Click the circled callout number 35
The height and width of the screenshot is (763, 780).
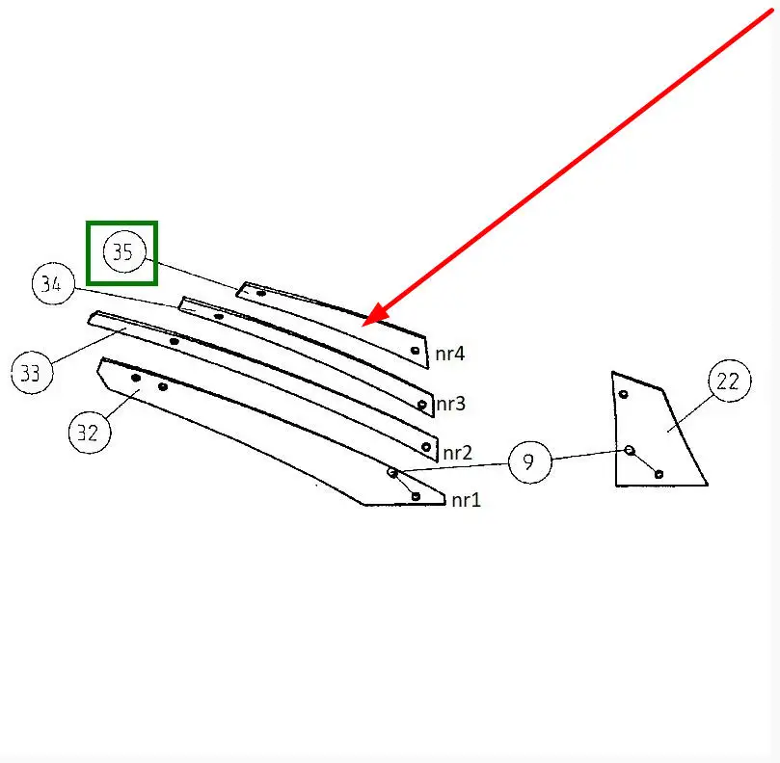click(124, 252)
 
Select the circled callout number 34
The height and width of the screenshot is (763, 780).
click(53, 283)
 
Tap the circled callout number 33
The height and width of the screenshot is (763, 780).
click(32, 372)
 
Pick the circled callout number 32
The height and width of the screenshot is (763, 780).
click(90, 433)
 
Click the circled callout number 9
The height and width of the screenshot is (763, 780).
click(529, 461)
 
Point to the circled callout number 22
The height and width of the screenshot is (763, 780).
click(730, 381)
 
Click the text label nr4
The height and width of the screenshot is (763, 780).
click(449, 354)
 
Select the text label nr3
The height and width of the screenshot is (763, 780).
click(450, 403)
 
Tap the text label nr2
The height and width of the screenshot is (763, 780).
click(457, 453)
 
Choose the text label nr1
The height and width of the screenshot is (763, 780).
click(466, 500)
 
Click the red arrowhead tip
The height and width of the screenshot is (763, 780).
click(363, 326)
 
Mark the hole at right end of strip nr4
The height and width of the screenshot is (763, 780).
click(415, 351)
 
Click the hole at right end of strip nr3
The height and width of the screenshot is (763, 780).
click(422, 404)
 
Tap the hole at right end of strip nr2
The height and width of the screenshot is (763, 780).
click(426, 447)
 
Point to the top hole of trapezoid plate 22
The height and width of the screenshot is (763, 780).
click(623, 394)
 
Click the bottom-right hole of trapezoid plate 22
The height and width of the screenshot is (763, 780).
click(659, 474)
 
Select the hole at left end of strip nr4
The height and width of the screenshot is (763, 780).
click(261, 293)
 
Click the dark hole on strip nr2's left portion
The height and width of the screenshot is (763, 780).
click(175, 341)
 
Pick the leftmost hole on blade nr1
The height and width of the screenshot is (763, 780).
click(136, 378)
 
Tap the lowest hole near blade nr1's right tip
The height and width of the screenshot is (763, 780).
click(416, 496)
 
